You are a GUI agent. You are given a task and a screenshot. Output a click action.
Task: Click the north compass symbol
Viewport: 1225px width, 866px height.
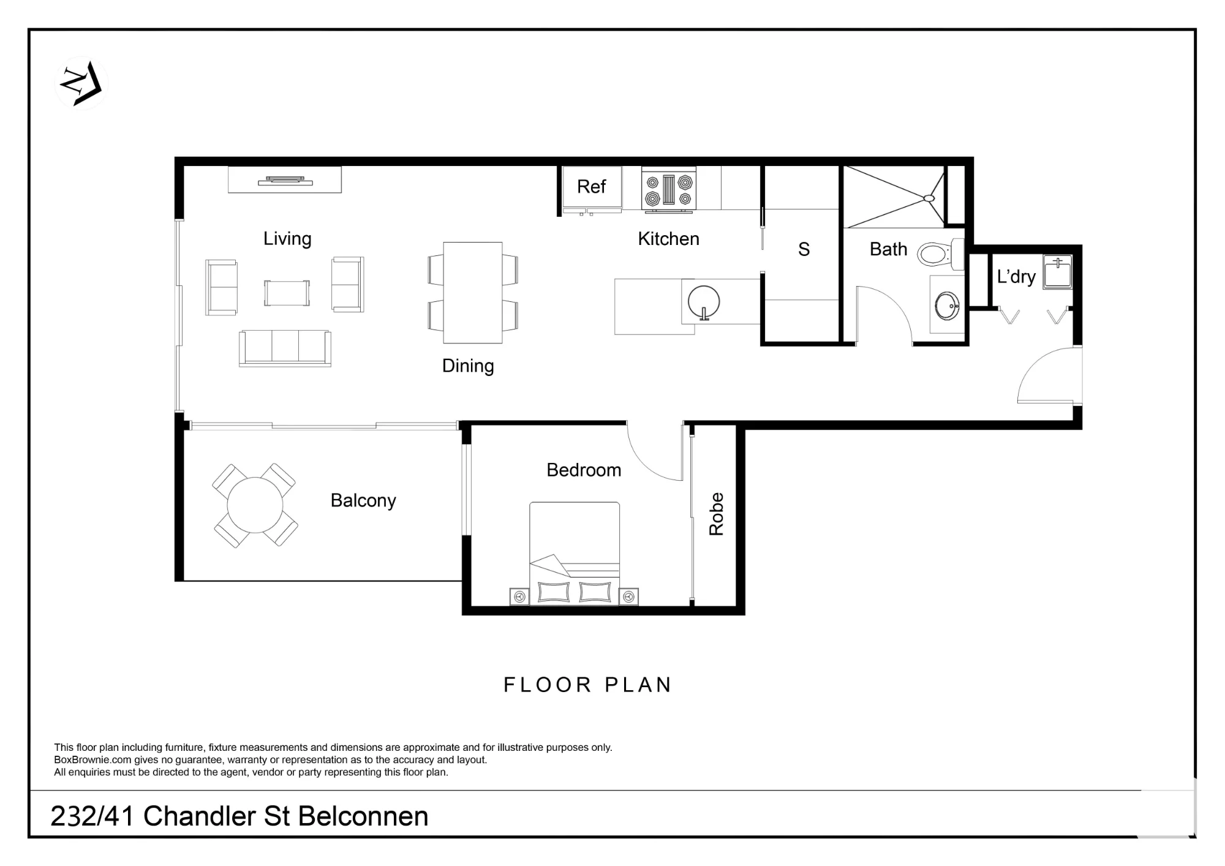click(x=81, y=83)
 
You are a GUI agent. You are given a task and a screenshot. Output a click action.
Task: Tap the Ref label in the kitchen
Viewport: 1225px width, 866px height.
click(x=591, y=186)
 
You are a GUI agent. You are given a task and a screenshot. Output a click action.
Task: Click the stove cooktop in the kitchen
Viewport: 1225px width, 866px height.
click(x=669, y=190)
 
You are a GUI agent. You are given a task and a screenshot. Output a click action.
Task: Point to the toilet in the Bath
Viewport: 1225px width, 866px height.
click(x=940, y=253)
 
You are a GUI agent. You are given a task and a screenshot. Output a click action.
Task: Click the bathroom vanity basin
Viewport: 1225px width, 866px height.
click(x=947, y=306)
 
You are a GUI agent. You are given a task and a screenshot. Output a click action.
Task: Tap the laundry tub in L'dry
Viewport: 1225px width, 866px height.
click(x=1058, y=272)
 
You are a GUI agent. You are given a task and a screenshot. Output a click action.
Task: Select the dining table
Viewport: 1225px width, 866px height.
click(x=473, y=293)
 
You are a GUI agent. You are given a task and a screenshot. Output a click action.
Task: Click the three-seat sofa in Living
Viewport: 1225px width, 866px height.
click(x=285, y=348)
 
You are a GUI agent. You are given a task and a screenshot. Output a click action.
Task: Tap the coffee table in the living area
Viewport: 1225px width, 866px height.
click(x=287, y=293)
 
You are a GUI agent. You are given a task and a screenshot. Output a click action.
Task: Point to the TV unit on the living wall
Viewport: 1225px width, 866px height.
click(x=285, y=180)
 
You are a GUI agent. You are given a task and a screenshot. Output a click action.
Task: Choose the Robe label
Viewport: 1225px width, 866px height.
click(x=716, y=514)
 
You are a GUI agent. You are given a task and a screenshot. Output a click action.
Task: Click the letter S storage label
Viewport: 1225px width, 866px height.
click(x=804, y=249)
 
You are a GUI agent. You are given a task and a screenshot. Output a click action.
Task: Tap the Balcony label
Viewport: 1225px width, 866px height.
click(x=363, y=501)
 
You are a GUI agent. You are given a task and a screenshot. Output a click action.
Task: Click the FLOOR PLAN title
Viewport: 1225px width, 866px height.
click(x=587, y=685)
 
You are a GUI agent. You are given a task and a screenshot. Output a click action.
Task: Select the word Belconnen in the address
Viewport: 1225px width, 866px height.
click(x=364, y=816)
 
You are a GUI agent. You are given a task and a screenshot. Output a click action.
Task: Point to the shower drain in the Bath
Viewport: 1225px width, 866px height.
click(x=929, y=198)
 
